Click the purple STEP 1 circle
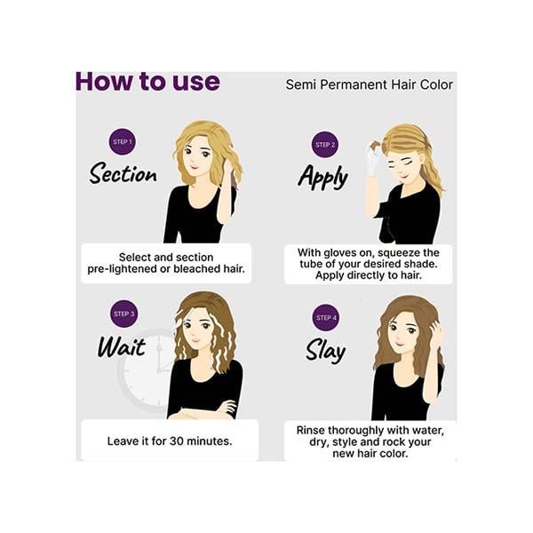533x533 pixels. coord(123,142)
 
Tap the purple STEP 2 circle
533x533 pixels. coord(325,145)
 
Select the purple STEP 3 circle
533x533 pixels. coord(123,314)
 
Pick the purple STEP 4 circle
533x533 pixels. coord(326,317)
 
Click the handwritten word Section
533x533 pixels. coord(123,173)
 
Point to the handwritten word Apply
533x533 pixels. coord(323,177)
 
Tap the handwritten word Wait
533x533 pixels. coord(122,346)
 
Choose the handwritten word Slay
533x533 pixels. coord(326,351)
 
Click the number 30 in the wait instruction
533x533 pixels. coord(177,442)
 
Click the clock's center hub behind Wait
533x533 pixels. coord(159,370)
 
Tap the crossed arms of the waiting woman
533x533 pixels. coord(204,410)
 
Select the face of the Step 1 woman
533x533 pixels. coord(197,158)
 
